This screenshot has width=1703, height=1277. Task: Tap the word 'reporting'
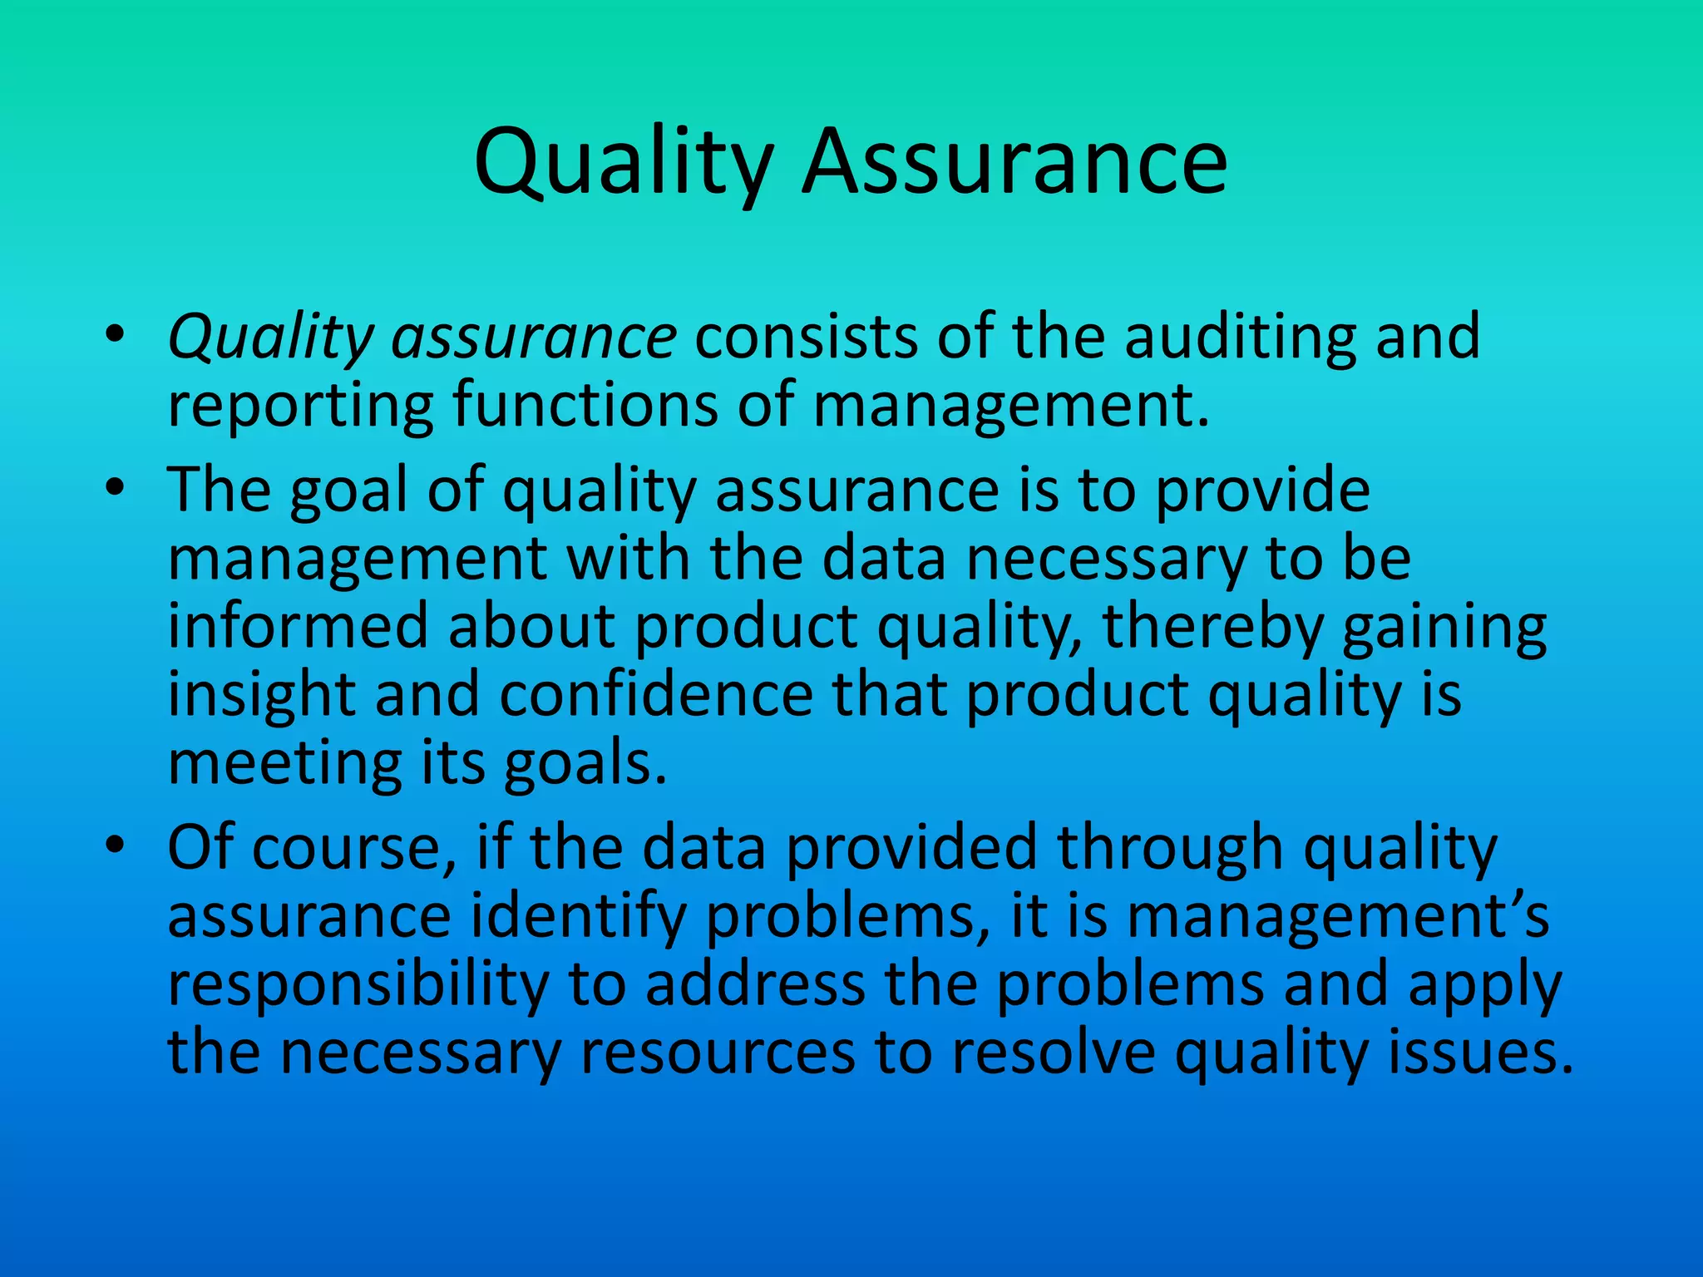(300, 406)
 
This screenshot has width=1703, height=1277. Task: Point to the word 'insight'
(262, 695)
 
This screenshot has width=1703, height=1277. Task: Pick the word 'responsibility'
(358, 986)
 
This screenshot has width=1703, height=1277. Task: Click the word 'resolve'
(1054, 1053)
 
